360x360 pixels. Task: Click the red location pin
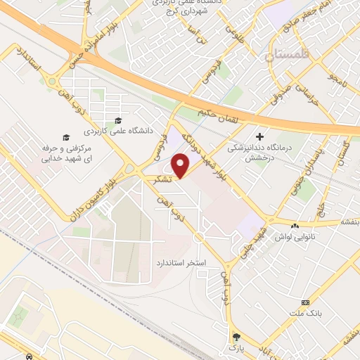181,166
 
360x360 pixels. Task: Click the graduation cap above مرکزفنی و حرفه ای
66,137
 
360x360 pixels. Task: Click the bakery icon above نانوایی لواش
295,226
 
